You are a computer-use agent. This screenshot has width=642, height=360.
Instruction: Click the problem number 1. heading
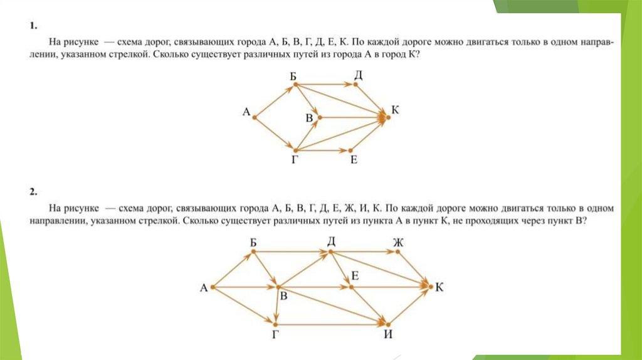(x=33, y=27)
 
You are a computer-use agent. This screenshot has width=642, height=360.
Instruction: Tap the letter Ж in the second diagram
(x=397, y=242)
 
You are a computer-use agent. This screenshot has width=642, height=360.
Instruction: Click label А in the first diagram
(x=246, y=112)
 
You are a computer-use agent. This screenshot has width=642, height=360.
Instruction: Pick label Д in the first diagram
(x=359, y=75)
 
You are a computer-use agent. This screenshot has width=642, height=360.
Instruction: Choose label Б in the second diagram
(x=253, y=242)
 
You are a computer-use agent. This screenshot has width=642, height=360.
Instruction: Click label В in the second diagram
(x=283, y=297)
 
